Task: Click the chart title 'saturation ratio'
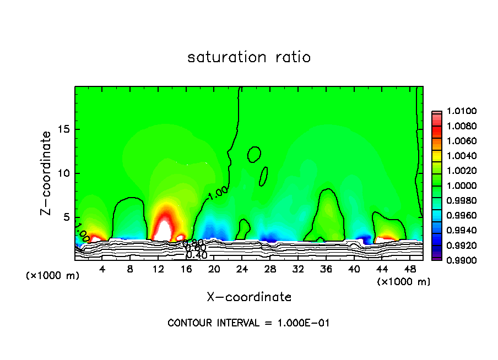tap(249, 57)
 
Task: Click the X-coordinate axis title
tap(249, 297)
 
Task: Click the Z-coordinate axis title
tap(47, 173)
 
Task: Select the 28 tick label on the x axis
tap(270, 269)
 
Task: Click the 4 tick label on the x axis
tap(102, 269)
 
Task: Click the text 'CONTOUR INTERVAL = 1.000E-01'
tap(248, 323)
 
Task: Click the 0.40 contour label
tap(196, 255)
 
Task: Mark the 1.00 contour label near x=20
tap(218, 192)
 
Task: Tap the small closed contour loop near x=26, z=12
tap(254, 154)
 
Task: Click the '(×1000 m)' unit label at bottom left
tap(53, 276)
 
